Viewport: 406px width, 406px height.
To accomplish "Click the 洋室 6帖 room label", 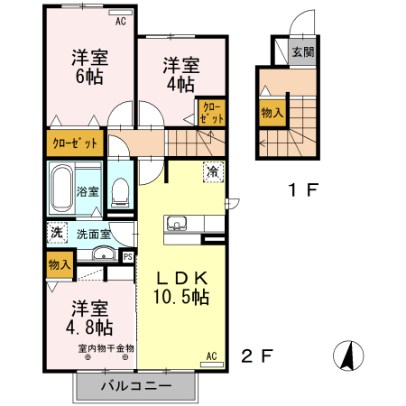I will (89, 68).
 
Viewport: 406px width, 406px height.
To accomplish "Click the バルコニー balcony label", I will (134, 385).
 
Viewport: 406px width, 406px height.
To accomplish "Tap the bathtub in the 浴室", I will (61, 189).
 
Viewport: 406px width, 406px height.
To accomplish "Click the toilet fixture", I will (121, 190).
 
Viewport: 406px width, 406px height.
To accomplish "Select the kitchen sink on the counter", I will (176, 224).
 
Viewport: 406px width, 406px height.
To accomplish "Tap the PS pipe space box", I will (127, 256).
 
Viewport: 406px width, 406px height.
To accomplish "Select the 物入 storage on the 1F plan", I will (272, 113).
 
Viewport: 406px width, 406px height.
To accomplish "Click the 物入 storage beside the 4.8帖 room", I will (60, 265).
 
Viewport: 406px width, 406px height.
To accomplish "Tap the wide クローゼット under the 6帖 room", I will (75, 143).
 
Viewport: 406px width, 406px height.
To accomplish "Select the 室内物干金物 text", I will (106, 347).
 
